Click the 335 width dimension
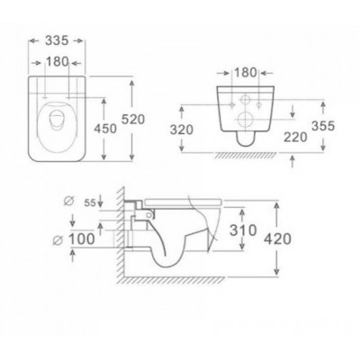click(57, 40)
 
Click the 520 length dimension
click(133, 120)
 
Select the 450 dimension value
click(105, 129)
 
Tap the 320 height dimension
click(182, 130)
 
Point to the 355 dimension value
click(323, 126)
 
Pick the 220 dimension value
click(295, 138)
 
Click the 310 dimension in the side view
click(243, 230)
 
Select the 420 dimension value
click(277, 239)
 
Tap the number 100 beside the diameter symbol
click(82, 239)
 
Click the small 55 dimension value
click(90, 203)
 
